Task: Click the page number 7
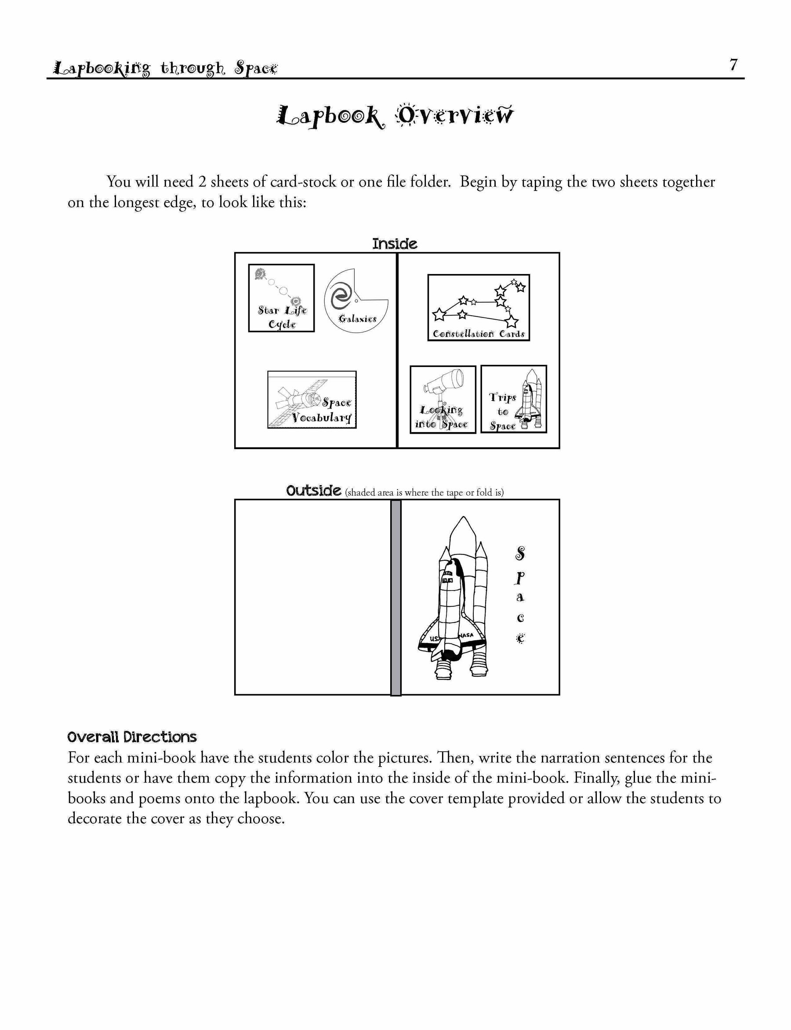coord(733,65)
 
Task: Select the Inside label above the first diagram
coord(395,244)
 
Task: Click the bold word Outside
coord(314,490)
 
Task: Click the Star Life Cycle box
coord(281,298)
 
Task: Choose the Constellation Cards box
coord(479,308)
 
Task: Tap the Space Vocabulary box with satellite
coord(312,400)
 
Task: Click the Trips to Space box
coord(514,399)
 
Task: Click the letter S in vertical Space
coord(520,554)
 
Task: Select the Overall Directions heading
coord(132,737)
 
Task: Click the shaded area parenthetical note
coord(424,493)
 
